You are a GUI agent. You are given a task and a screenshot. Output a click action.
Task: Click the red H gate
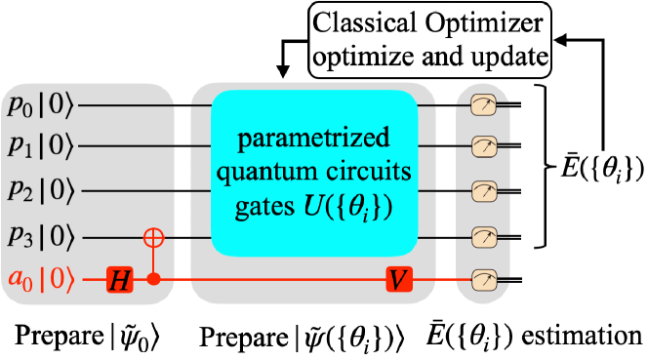click(119, 280)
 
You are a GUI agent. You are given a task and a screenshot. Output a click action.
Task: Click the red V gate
click(398, 280)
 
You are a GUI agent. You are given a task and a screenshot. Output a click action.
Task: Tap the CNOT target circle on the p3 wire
click(152, 236)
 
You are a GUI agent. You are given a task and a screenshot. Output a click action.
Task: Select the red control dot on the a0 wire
click(152, 280)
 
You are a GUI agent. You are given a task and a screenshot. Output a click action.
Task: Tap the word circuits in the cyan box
click(361, 173)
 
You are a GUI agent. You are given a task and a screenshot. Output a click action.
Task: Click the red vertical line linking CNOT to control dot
click(152, 260)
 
